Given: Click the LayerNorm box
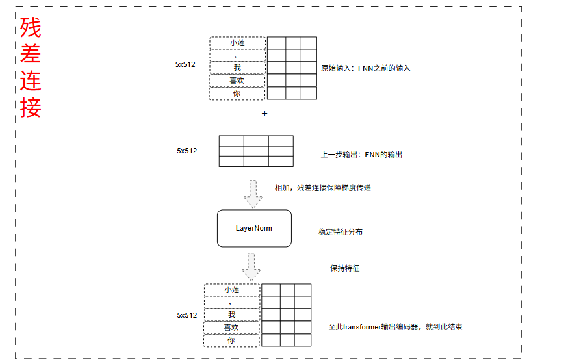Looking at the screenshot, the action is pyautogui.click(x=253, y=228).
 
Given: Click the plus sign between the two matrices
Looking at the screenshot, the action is pyautogui.click(x=264, y=113).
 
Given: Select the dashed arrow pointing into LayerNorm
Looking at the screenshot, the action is pyautogui.click(x=253, y=192).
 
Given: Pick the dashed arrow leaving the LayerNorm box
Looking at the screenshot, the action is pyautogui.click(x=251, y=265).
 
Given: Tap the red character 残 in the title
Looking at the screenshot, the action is pyautogui.click(x=31, y=28).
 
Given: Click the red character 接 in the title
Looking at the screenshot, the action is pyautogui.click(x=31, y=107).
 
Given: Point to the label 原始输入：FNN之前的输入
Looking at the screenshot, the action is pyautogui.click(x=366, y=68).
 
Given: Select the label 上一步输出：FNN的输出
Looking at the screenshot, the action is pyautogui.click(x=361, y=155).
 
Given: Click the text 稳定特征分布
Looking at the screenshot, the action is pyautogui.click(x=341, y=232).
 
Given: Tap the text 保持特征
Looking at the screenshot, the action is pyautogui.click(x=344, y=268).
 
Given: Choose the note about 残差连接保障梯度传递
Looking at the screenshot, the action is pyautogui.click(x=323, y=188).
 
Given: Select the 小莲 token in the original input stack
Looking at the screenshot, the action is pyautogui.click(x=237, y=43).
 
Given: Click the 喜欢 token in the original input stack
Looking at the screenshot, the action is pyautogui.click(x=237, y=81).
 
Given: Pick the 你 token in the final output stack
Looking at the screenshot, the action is pyautogui.click(x=231, y=340).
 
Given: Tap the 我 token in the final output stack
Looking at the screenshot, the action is pyautogui.click(x=231, y=315).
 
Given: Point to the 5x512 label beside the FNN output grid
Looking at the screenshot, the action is pyautogui.click(x=187, y=151).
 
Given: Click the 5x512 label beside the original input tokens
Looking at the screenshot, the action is pyautogui.click(x=185, y=64).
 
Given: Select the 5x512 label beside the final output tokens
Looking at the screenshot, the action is pyautogui.click(x=187, y=315).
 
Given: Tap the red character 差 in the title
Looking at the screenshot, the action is pyautogui.click(x=31, y=55).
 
